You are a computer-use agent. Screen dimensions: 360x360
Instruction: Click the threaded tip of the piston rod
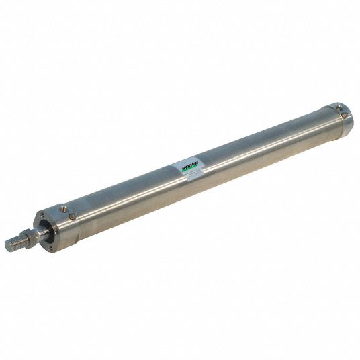(14, 244)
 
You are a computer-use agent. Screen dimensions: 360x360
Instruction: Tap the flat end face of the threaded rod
(7, 246)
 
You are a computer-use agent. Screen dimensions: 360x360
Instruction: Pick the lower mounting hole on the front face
(50, 247)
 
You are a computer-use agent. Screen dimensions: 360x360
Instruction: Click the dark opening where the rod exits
(46, 230)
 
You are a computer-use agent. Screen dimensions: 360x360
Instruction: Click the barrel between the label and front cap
(128, 195)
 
